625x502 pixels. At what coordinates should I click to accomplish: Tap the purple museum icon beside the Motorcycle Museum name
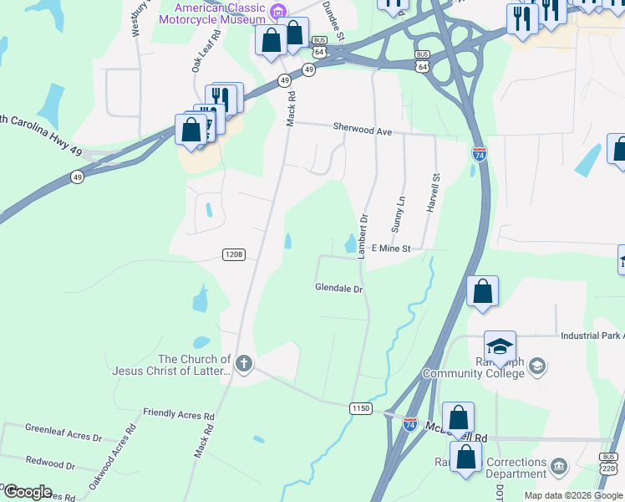coord(279,11)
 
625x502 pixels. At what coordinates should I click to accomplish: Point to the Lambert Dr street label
coord(363,237)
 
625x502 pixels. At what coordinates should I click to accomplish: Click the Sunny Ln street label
coord(399,214)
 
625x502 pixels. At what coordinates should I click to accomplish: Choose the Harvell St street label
coord(434,193)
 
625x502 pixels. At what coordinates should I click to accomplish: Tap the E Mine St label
coord(391,248)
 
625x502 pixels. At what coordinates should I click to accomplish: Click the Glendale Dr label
coord(338,289)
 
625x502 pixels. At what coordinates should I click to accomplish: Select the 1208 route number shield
coord(233,254)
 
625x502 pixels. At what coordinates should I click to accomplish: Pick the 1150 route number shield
coord(360,407)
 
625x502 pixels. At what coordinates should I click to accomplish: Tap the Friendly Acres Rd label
coord(179,414)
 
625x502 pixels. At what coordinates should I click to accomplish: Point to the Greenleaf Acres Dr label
coord(63,437)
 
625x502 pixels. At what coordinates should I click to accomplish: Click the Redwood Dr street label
coord(50,463)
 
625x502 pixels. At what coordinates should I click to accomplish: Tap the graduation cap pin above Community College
coord(500,346)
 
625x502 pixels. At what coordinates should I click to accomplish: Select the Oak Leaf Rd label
coord(206,52)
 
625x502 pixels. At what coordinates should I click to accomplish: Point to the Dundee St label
coord(335,20)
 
